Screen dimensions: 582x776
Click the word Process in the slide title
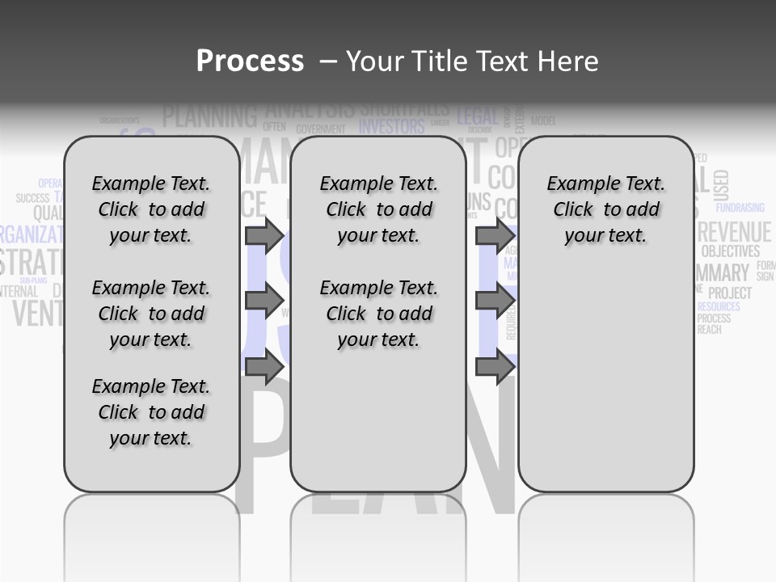(x=250, y=61)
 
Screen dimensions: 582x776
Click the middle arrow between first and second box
(x=264, y=301)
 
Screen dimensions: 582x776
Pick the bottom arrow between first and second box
(x=264, y=367)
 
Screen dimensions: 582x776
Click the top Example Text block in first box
(x=150, y=209)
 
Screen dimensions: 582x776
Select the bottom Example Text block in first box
(x=150, y=412)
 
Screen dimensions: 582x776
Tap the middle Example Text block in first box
(x=150, y=314)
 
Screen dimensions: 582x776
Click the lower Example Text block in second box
(x=378, y=314)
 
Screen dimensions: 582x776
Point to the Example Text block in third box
(x=605, y=209)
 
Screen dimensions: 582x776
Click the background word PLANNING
(x=209, y=116)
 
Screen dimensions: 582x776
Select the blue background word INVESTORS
(x=391, y=127)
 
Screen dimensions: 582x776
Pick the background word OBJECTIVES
(x=730, y=251)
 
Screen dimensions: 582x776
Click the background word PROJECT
(x=730, y=293)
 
